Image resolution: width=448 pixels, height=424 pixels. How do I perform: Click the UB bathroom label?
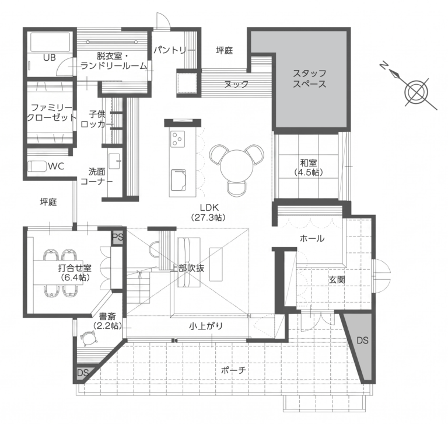click(x=50, y=57)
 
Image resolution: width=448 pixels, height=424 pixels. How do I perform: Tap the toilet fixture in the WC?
click(x=37, y=166)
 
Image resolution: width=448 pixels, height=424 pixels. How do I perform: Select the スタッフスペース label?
click(x=309, y=79)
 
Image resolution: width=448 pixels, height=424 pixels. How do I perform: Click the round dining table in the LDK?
click(x=236, y=166)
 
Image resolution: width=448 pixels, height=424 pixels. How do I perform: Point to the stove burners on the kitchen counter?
click(x=177, y=139)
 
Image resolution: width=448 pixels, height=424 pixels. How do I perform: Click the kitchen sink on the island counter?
click(x=178, y=180)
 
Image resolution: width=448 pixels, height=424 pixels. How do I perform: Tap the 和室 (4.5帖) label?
click(x=309, y=168)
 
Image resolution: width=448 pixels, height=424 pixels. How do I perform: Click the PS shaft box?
click(x=117, y=237)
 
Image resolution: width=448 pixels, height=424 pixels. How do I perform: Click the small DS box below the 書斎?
click(x=82, y=373)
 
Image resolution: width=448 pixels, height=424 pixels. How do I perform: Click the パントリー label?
click(x=174, y=51)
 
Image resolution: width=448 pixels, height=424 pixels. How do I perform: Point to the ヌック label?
click(x=237, y=85)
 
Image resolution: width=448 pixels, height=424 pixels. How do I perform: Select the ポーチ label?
click(x=233, y=370)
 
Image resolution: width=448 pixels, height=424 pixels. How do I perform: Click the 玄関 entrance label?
click(x=337, y=280)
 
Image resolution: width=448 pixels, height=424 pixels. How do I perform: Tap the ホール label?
click(x=312, y=238)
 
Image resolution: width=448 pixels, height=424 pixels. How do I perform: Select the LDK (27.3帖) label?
click(x=209, y=212)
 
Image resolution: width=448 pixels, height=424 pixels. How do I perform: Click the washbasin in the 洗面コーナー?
click(x=114, y=162)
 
